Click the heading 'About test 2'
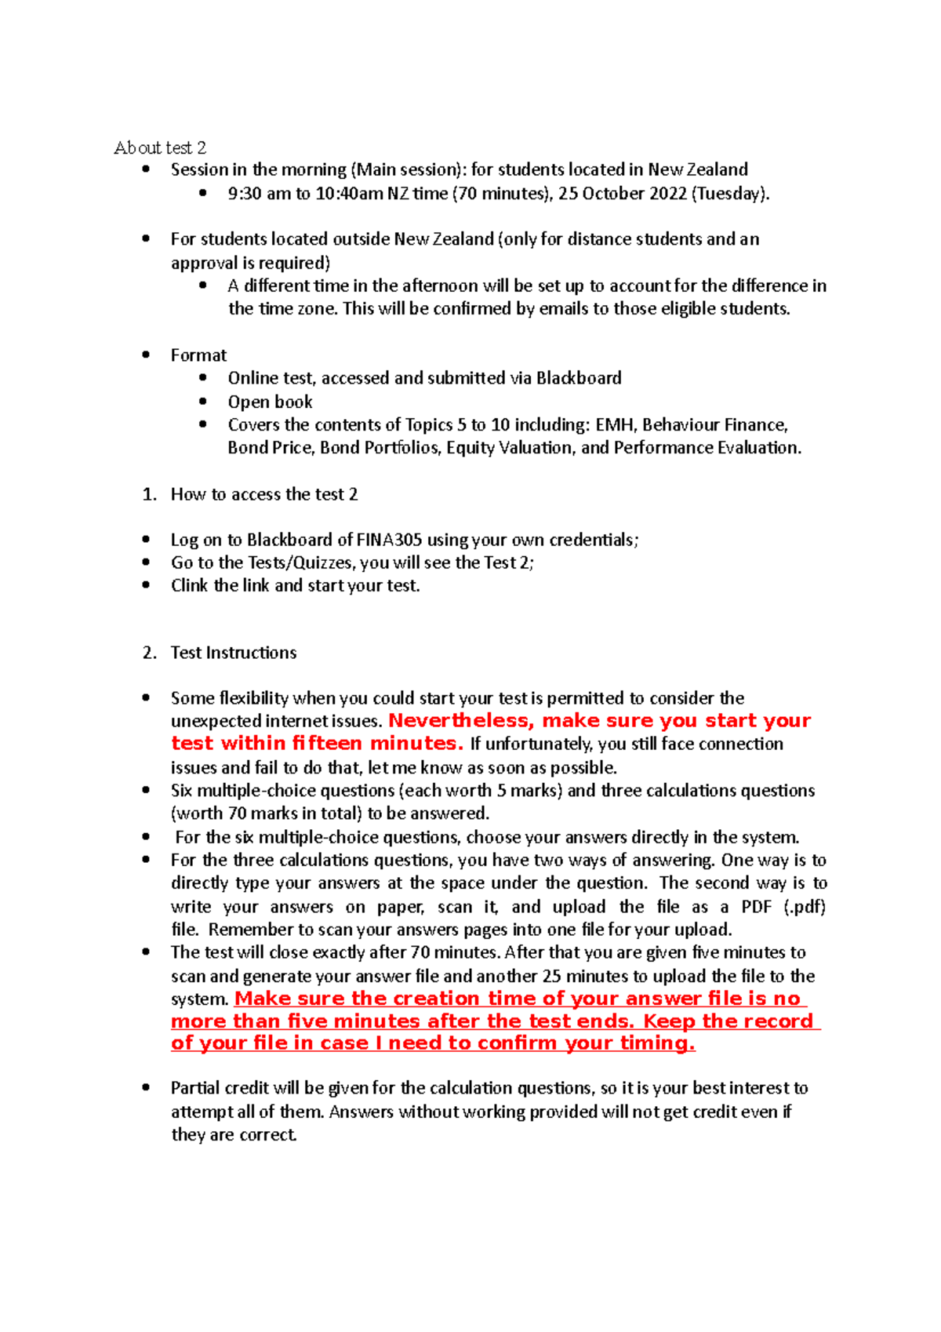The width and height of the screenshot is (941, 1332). click(160, 147)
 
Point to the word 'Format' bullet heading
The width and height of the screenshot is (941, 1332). click(198, 355)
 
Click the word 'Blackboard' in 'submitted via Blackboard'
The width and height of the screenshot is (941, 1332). click(579, 378)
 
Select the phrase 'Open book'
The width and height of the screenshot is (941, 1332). click(270, 402)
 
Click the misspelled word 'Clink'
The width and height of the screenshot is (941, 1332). click(189, 585)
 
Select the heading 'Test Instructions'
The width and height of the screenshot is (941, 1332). click(234, 653)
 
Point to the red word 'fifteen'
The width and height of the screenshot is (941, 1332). click(326, 744)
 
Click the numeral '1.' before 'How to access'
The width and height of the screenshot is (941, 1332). click(149, 494)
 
